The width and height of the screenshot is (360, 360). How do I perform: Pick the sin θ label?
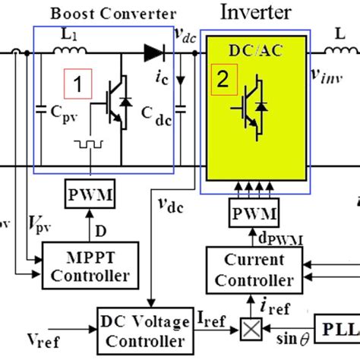(285, 337)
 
